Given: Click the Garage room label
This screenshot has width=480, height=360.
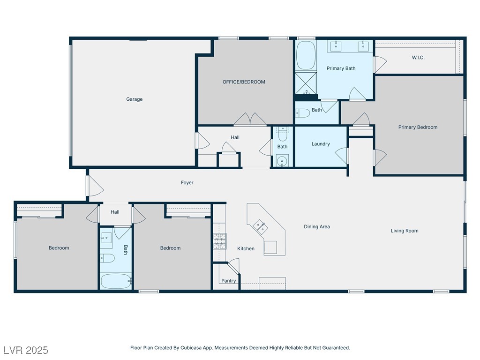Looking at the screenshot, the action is point(135,99).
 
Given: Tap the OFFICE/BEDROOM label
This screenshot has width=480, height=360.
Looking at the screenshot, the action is point(244,82).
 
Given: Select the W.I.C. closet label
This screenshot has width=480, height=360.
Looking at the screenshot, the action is point(418,58).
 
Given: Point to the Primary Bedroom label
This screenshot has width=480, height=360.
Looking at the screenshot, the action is point(418,127).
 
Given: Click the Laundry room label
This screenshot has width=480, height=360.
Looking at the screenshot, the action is point(321,144).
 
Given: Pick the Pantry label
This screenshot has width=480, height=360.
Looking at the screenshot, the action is point(229,281).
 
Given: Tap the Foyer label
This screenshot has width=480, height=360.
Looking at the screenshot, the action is point(187,182).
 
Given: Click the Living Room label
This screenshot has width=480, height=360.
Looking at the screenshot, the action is point(405,231).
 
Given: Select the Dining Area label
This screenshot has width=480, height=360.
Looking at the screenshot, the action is point(317,226).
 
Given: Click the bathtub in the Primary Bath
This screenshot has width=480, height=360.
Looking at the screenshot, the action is point(306,55).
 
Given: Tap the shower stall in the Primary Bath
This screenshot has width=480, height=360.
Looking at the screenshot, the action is point(306,83).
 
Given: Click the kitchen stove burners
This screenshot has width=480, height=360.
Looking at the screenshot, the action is point(219,241).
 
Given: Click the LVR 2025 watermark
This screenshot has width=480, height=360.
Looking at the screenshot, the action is point(26,350).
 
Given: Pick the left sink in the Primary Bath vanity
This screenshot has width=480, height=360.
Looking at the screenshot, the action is point(336,46).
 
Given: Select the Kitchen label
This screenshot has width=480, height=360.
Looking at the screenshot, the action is point(246,248).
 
